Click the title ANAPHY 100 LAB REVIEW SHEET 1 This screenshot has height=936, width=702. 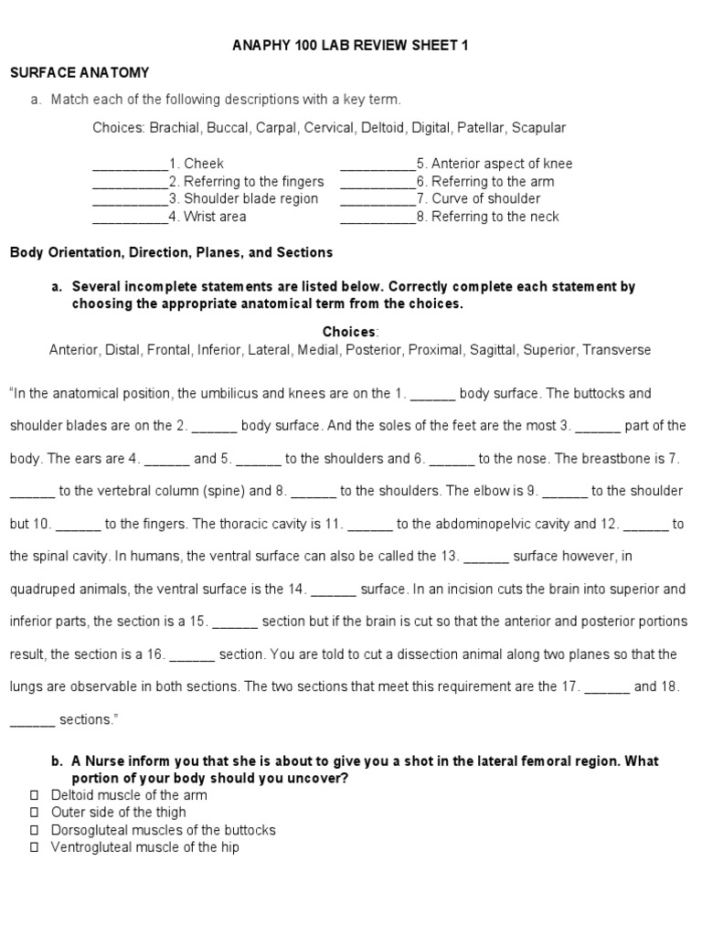click(351, 46)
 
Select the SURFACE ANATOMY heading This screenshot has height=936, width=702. click(80, 72)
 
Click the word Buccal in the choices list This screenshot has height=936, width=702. click(225, 128)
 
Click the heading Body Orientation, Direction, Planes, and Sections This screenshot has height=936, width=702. click(171, 252)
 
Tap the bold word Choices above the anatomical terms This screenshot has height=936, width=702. click(348, 332)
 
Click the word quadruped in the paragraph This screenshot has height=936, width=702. click(44, 589)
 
